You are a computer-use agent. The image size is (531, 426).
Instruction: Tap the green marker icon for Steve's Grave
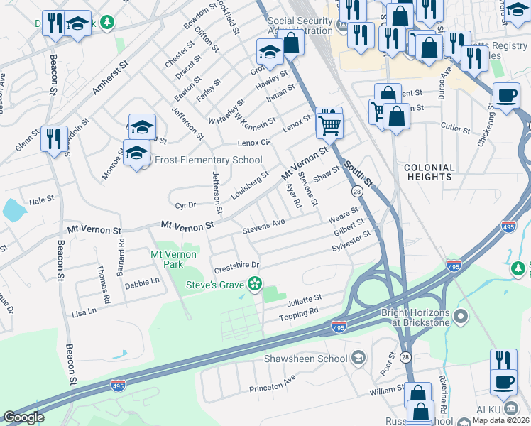point(254,285)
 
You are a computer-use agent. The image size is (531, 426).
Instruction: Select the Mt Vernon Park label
point(168,259)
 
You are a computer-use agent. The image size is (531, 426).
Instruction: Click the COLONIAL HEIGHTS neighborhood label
point(429,173)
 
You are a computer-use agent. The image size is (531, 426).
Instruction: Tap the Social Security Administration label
point(300,26)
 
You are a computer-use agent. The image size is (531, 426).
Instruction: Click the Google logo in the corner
point(23,417)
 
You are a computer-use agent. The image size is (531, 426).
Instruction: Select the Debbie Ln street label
point(142,283)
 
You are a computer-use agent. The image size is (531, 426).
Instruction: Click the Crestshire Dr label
point(237,266)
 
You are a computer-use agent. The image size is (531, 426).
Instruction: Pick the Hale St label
point(41,201)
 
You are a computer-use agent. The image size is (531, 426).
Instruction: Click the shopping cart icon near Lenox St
point(329,124)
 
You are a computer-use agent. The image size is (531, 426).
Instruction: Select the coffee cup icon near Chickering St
point(506,96)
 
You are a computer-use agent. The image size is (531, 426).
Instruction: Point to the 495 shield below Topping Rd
point(339,326)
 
